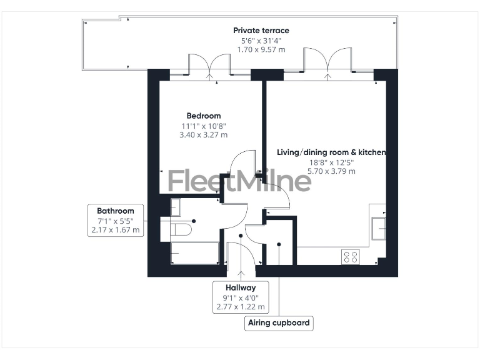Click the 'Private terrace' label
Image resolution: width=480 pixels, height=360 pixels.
261,30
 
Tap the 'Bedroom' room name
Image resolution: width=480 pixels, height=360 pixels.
204,116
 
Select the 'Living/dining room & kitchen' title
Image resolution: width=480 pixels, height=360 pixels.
331,152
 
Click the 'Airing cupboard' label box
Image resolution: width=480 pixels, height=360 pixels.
279,323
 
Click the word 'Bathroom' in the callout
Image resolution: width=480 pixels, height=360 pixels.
115,211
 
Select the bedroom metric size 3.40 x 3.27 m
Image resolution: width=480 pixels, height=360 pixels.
204,134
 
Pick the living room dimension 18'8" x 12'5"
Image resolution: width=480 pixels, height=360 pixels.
331,162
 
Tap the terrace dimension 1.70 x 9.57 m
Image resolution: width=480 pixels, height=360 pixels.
261,49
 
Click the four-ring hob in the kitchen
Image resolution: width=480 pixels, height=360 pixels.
351,256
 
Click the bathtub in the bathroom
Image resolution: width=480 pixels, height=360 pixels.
194,253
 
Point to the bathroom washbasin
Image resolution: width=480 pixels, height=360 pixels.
176,207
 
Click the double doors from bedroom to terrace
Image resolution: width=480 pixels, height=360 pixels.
210,66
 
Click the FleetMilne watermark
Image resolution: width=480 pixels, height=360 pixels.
239,181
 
